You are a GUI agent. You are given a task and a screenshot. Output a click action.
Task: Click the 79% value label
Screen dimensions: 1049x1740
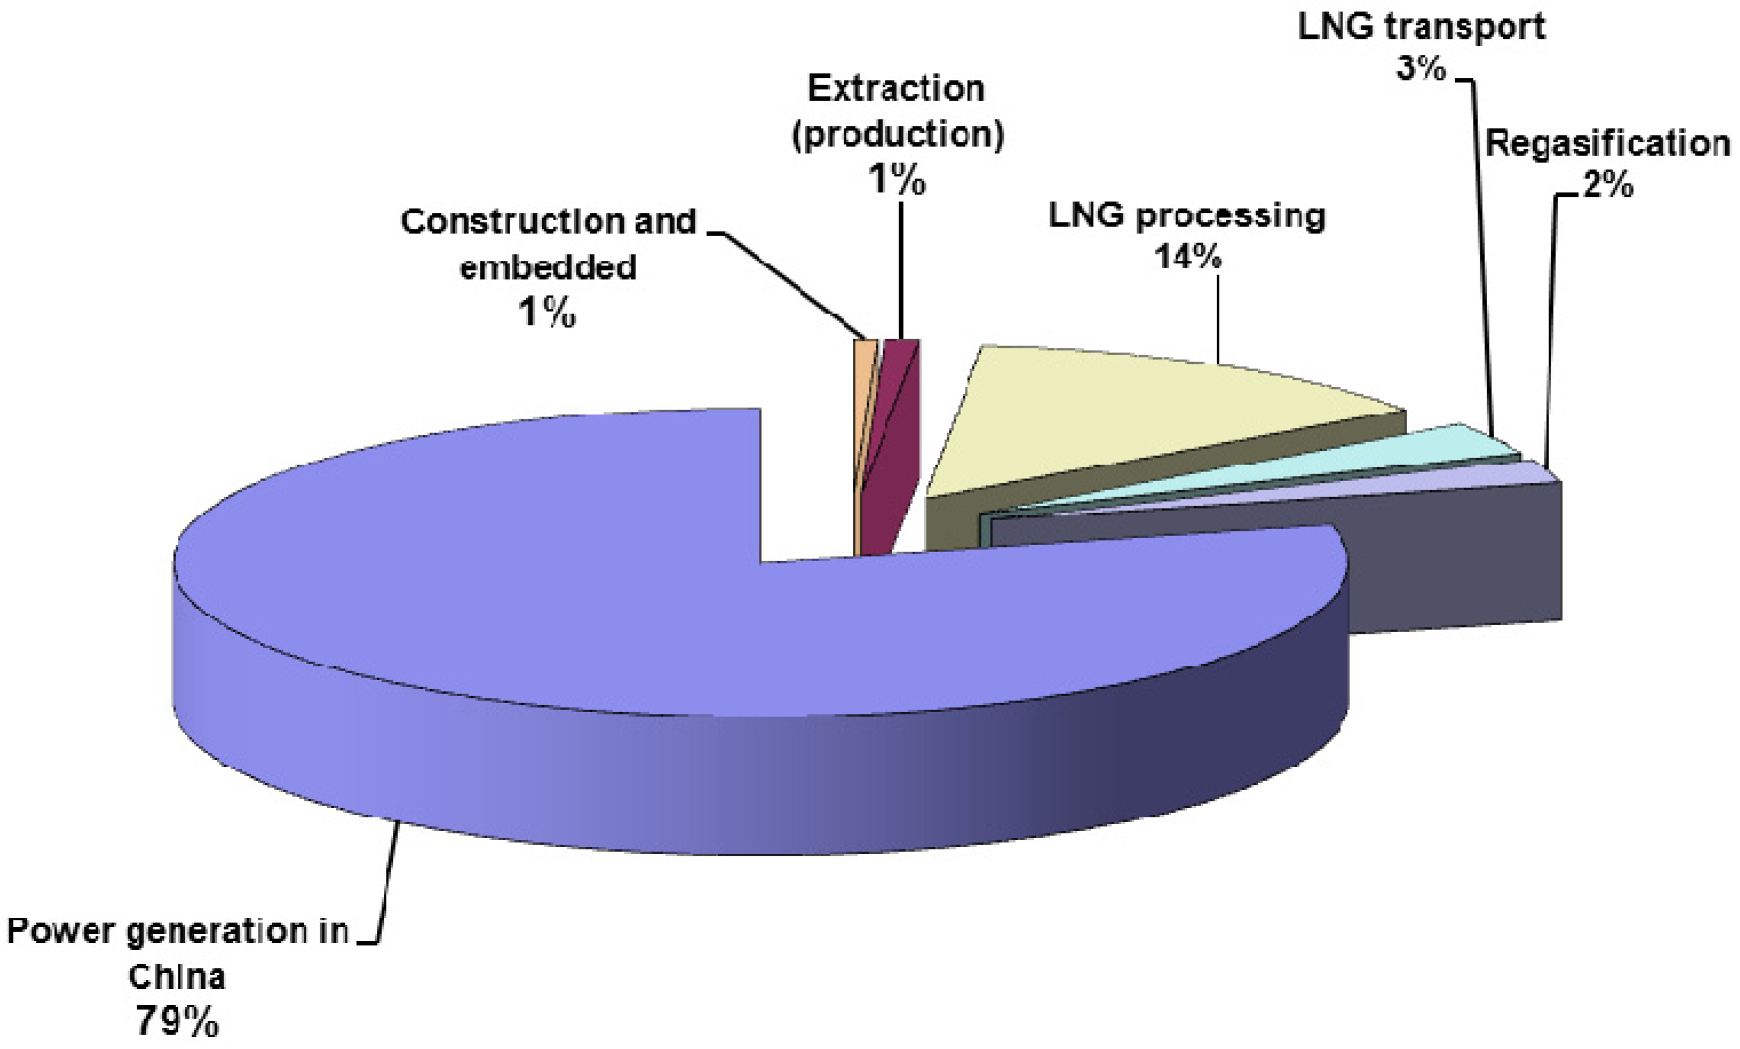click(177, 1021)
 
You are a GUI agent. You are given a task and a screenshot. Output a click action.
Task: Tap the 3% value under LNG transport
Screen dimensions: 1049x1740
click(1421, 69)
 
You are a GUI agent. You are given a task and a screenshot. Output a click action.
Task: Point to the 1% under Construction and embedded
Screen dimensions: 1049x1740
click(547, 312)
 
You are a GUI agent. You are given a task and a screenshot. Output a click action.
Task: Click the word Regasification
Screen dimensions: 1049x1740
click(1607, 144)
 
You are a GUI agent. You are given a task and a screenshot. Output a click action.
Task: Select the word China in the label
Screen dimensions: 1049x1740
click(177, 977)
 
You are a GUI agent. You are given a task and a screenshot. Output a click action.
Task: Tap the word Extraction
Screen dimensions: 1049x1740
click(895, 89)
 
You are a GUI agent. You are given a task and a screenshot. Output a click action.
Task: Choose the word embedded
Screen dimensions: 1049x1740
click(548, 268)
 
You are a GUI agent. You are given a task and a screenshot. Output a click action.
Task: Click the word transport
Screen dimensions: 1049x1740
click(1463, 27)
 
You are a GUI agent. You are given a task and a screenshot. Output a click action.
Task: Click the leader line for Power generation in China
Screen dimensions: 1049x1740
click(387, 883)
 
